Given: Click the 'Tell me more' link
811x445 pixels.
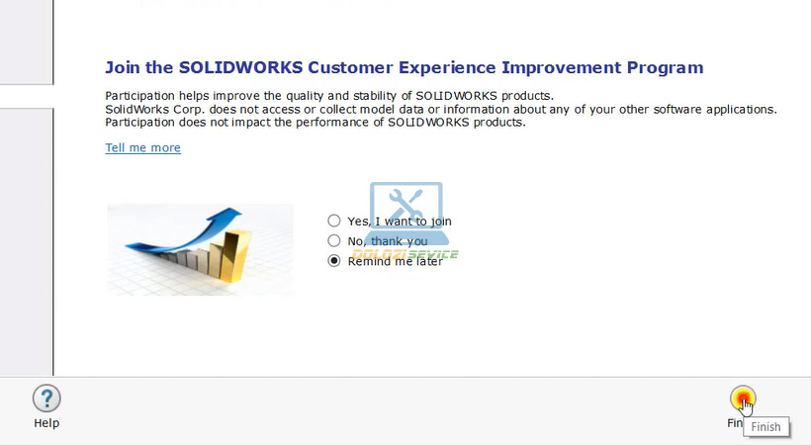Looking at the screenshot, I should coord(142,148).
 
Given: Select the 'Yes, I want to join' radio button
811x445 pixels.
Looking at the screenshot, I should coord(334,222).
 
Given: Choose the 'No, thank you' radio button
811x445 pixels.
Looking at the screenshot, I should coord(334,241).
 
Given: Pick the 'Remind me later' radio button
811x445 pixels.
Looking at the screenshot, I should coord(334,261).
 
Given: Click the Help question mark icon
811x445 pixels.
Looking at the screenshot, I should coord(46,399).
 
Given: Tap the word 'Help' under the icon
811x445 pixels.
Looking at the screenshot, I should coord(46,423).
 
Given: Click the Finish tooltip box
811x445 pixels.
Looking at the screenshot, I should coord(766,427).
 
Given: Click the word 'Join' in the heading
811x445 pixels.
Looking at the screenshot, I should coord(123,68).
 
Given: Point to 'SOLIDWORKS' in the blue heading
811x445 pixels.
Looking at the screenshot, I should coord(228,68).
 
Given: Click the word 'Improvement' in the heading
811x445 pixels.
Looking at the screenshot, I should coord(561,68).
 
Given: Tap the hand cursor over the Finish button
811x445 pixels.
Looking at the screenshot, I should coord(745,404).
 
